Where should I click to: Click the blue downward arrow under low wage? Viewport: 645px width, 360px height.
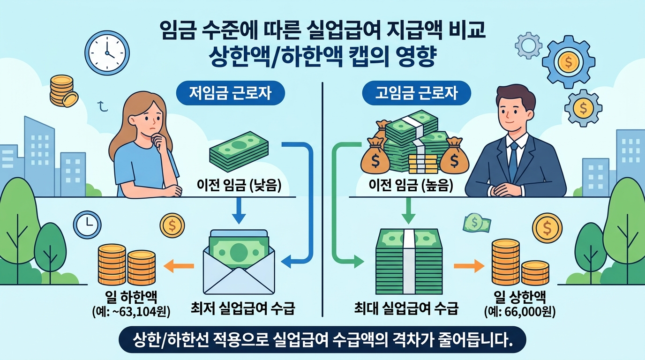[239, 212]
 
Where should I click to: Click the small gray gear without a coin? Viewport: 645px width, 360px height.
[528, 45]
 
